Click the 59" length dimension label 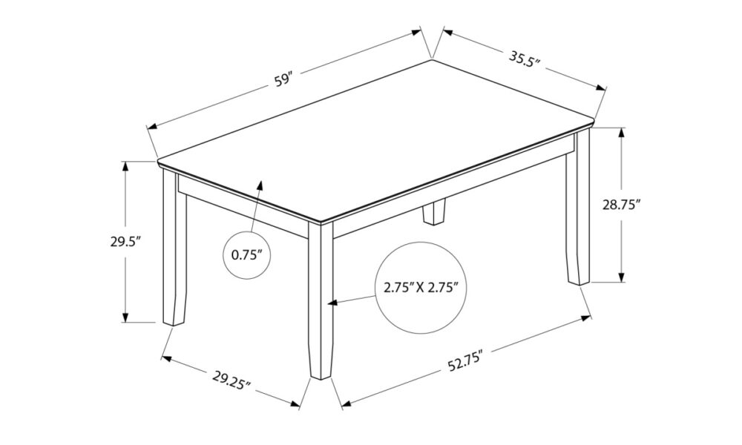coord(284,79)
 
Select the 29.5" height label coord(126,242)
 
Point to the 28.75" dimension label coord(621,205)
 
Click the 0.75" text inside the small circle coord(246,255)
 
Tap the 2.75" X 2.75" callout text coord(421,287)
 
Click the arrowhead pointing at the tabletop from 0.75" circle coord(260,185)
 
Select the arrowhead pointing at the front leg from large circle coord(333,303)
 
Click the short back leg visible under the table coord(434,213)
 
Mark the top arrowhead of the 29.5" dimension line coord(125,167)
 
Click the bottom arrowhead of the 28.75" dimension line coord(622,277)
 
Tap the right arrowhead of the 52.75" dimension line coord(586,318)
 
